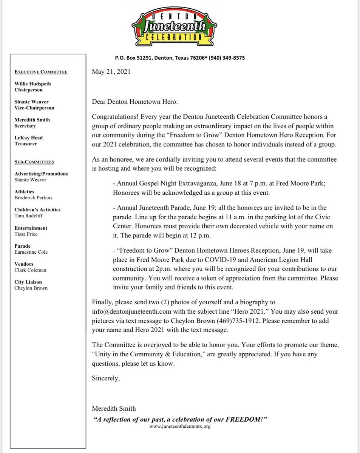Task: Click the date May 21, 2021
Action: click(111, 72)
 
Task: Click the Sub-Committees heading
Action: click(34, 162)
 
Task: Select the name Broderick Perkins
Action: click(33, 197)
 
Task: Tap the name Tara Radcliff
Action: click(28, 215)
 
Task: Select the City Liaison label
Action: click(28, 282)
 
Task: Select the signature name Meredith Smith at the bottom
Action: click(114, 408)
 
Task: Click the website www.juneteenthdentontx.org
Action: click(180, 427)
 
